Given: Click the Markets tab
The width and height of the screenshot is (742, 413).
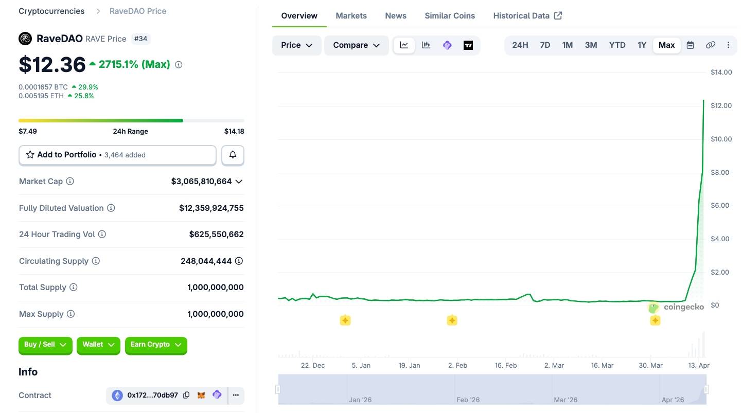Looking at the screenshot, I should click(351, 15).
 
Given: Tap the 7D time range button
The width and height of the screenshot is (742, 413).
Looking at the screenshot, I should click(545, 45).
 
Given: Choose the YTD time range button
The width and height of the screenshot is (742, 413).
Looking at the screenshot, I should click(617, 45).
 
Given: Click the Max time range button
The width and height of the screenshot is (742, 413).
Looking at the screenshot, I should click(666, 45).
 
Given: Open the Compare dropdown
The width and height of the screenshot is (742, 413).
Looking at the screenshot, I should click(356, 45).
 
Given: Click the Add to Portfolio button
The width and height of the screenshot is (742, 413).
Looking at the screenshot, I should click(117, 155).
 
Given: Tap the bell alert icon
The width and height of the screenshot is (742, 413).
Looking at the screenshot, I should click(233, 155).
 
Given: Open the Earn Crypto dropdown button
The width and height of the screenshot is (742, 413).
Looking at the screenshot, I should click(156, 345).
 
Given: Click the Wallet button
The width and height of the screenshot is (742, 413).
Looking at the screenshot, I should click(98, 345).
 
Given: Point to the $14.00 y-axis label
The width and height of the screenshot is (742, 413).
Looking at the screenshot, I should click(721, 72).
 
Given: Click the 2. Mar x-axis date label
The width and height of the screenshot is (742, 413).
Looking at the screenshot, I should click(554, 365).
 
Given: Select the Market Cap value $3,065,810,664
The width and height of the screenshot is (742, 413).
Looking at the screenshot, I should click(201, 182).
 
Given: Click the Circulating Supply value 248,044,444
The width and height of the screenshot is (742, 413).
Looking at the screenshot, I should click(206, 261).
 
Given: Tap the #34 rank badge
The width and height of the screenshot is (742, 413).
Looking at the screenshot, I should click(140, 39).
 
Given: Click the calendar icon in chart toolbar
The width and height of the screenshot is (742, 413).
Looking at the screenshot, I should click(691, 45).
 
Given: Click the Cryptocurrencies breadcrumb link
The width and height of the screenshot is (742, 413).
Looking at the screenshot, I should click(51, 11).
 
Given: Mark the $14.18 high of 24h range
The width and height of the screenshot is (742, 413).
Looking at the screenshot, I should click(234, 131).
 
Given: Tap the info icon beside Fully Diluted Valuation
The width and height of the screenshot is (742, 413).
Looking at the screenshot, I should click(111, 208).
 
